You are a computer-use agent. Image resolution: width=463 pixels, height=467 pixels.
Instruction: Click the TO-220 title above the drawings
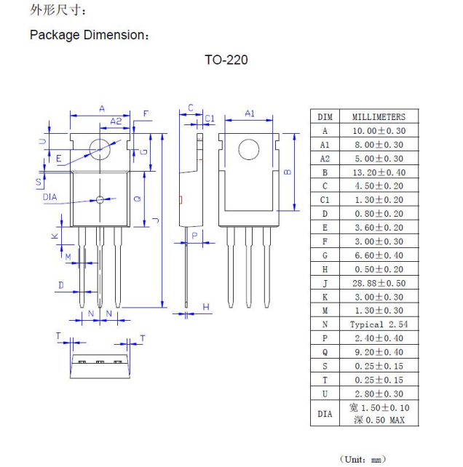(226, 60)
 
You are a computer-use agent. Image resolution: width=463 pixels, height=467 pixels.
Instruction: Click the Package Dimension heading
(89, 35)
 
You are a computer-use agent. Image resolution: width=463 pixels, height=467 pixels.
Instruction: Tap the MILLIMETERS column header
(379, 116)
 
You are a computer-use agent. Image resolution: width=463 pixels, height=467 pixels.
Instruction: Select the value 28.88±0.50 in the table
(379, 283)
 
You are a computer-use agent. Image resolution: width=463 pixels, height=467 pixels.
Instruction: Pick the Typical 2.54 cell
(379, 324)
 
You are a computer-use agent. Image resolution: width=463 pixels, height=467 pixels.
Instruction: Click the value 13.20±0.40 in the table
(379, 172)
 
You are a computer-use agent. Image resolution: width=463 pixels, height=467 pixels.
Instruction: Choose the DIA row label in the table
(325, 414)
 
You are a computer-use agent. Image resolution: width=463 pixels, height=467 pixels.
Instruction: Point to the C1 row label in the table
(325, 200)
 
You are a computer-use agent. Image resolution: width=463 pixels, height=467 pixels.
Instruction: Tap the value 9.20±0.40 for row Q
(379, 352)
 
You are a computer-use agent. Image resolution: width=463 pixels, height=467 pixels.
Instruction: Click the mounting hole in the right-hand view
(249, 150)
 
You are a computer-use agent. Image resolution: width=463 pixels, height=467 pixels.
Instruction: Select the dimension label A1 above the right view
(250, 113)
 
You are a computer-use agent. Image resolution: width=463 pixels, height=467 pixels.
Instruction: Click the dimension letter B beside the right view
(288, 172)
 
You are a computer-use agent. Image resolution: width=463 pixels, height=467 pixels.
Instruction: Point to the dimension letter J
(156, 220)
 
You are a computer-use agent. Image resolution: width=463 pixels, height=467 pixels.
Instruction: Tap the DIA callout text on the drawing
(50, 197)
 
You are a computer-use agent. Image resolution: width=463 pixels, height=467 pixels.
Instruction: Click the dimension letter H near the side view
(206, 307)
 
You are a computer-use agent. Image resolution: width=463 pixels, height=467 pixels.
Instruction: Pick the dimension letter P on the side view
(194, 236)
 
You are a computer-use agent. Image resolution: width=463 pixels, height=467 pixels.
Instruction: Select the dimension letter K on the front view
(55, 236)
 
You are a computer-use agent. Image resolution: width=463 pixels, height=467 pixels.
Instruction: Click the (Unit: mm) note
(363, 459)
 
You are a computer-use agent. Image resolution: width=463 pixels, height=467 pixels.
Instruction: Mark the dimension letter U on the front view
(43, 141)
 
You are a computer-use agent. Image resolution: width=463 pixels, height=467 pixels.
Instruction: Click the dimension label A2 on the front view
(116, 121)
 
